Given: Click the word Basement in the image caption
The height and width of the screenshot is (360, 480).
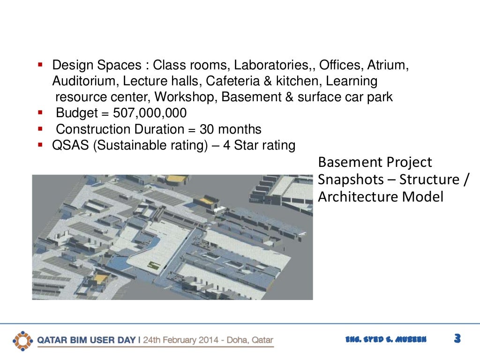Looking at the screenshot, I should (346, 162).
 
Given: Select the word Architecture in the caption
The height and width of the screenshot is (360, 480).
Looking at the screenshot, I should (356, 197).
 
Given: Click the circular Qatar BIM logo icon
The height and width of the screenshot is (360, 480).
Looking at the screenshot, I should (22, 340).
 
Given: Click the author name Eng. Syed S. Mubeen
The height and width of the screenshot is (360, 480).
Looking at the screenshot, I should (385, 340).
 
